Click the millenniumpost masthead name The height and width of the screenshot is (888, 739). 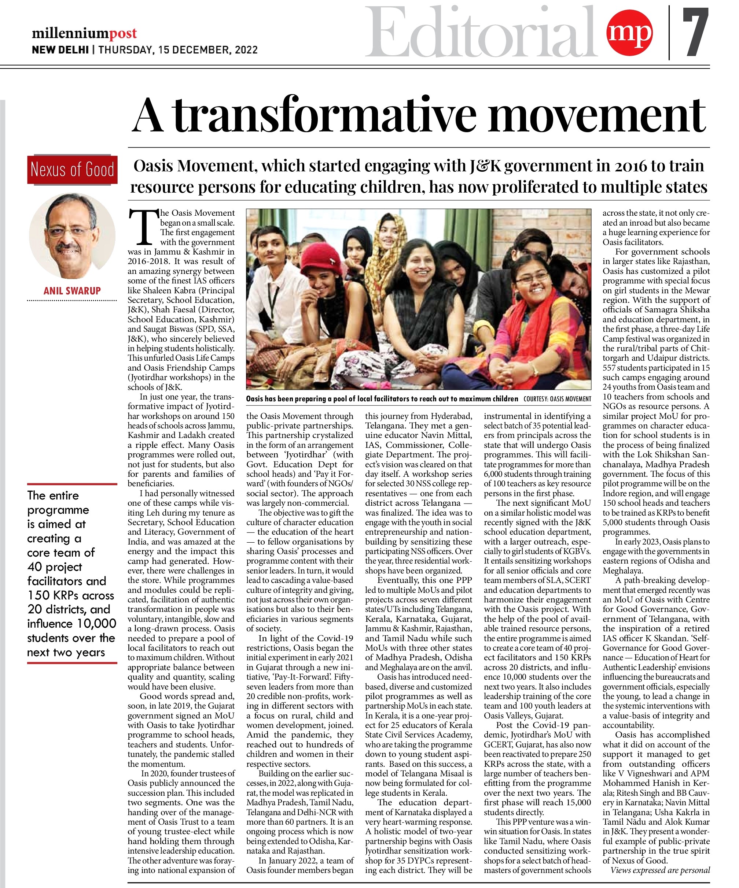[x=84, y=33]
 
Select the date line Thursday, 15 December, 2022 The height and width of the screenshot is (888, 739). [x=178, y=50]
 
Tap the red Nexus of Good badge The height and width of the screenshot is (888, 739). [x=72, y=170]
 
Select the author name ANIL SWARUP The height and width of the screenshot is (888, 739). [x=72, y=291]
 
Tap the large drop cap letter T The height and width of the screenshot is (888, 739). [x=143, y=227]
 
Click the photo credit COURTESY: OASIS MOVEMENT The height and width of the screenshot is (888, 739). [x=557, y=399]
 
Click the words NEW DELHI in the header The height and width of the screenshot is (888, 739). [x=60, y=50]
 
